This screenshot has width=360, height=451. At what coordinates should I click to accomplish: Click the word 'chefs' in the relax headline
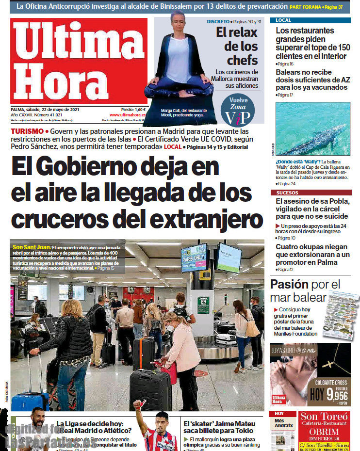(x=242, y=60)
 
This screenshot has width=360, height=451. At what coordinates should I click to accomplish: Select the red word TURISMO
(x=26, y=131)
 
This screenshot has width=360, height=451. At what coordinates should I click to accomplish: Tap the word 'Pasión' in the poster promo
(x=289, y=284)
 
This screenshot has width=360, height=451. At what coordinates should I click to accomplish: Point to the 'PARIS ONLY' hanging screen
(x=194, y=257)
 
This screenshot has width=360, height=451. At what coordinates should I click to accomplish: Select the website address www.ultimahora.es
(x=128, y=115)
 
